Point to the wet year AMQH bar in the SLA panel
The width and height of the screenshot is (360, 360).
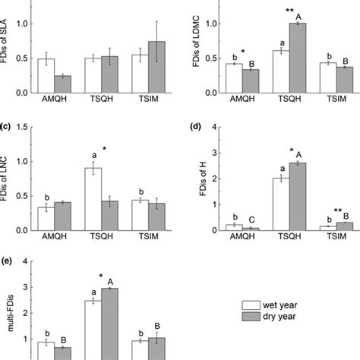[x=46, y=75]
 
